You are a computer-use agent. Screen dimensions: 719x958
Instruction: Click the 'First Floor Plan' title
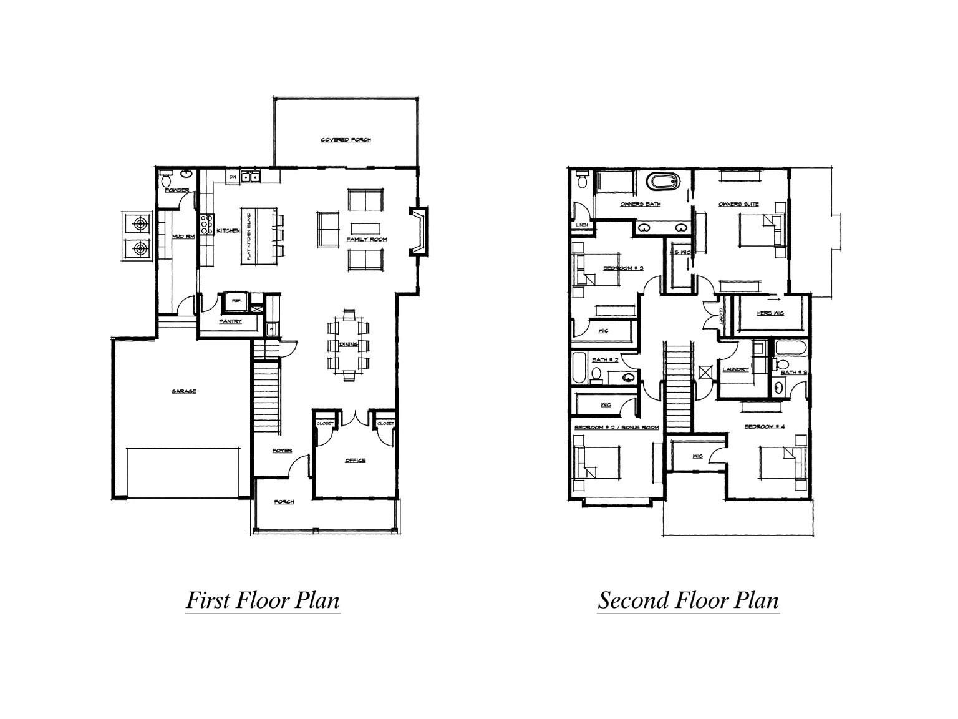coord(263,600)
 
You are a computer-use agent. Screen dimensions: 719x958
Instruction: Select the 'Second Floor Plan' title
coord(688,600)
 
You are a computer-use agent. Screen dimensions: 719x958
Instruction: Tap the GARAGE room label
coord(184,392)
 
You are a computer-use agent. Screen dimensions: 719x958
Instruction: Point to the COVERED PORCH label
coord(346,140)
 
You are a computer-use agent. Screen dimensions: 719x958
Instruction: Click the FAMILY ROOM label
coord(367,240)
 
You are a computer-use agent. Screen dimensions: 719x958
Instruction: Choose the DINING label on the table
coord(348,345)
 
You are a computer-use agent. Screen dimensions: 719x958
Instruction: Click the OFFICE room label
coord(355,461)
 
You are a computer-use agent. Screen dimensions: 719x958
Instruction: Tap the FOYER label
coord(282,451)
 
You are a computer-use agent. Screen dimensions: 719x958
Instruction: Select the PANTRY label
coord(230,321)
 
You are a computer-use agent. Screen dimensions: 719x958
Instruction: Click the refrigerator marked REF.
coord(236,300)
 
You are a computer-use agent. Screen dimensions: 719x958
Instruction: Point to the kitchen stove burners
coord(206,223)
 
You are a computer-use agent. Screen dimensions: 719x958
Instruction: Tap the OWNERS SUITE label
coord(738,204)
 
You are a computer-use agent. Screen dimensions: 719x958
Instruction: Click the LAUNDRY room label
coord(735,369)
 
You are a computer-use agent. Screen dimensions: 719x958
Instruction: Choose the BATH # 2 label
coord(604,360)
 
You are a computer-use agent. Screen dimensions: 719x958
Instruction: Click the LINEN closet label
coord(581,225)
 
